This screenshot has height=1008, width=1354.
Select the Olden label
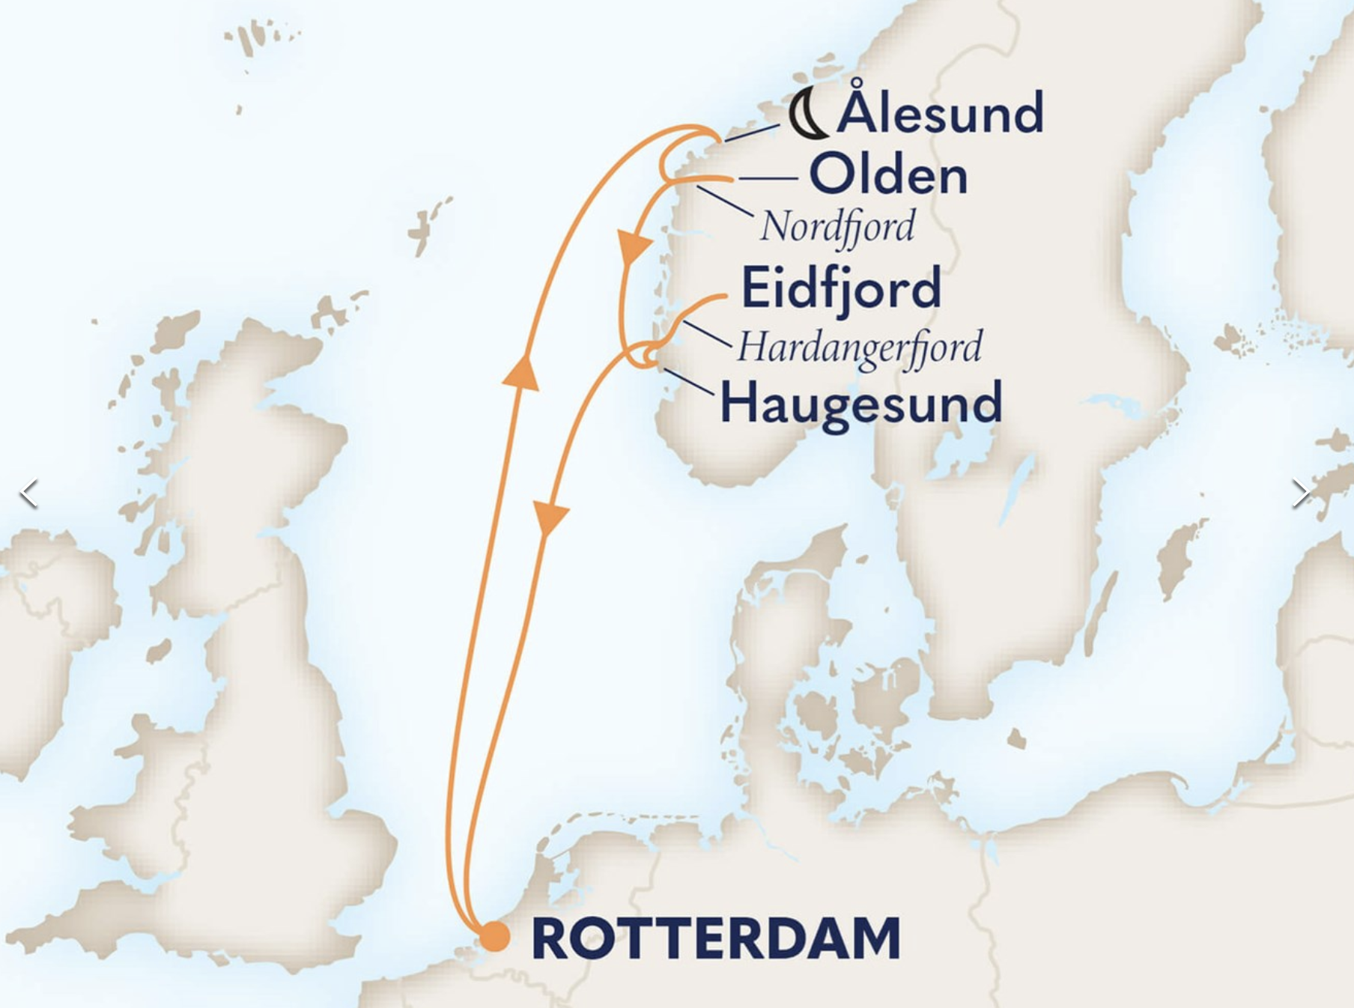(888, 176)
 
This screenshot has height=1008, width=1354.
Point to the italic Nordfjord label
(837, 227)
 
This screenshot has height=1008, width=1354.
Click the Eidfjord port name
(840, 288)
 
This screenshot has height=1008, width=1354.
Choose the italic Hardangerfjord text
(859, 347)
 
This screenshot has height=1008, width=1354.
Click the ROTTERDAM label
(715, 938)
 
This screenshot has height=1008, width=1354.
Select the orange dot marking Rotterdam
(494, 937)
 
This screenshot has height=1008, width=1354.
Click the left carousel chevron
(28, 494)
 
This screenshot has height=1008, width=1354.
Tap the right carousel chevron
(1300, 494)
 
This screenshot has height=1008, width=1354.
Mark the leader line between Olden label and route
(768, 179)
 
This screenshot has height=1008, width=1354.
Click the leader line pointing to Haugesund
(689, 383)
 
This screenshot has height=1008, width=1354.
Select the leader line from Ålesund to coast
(751, 133)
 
